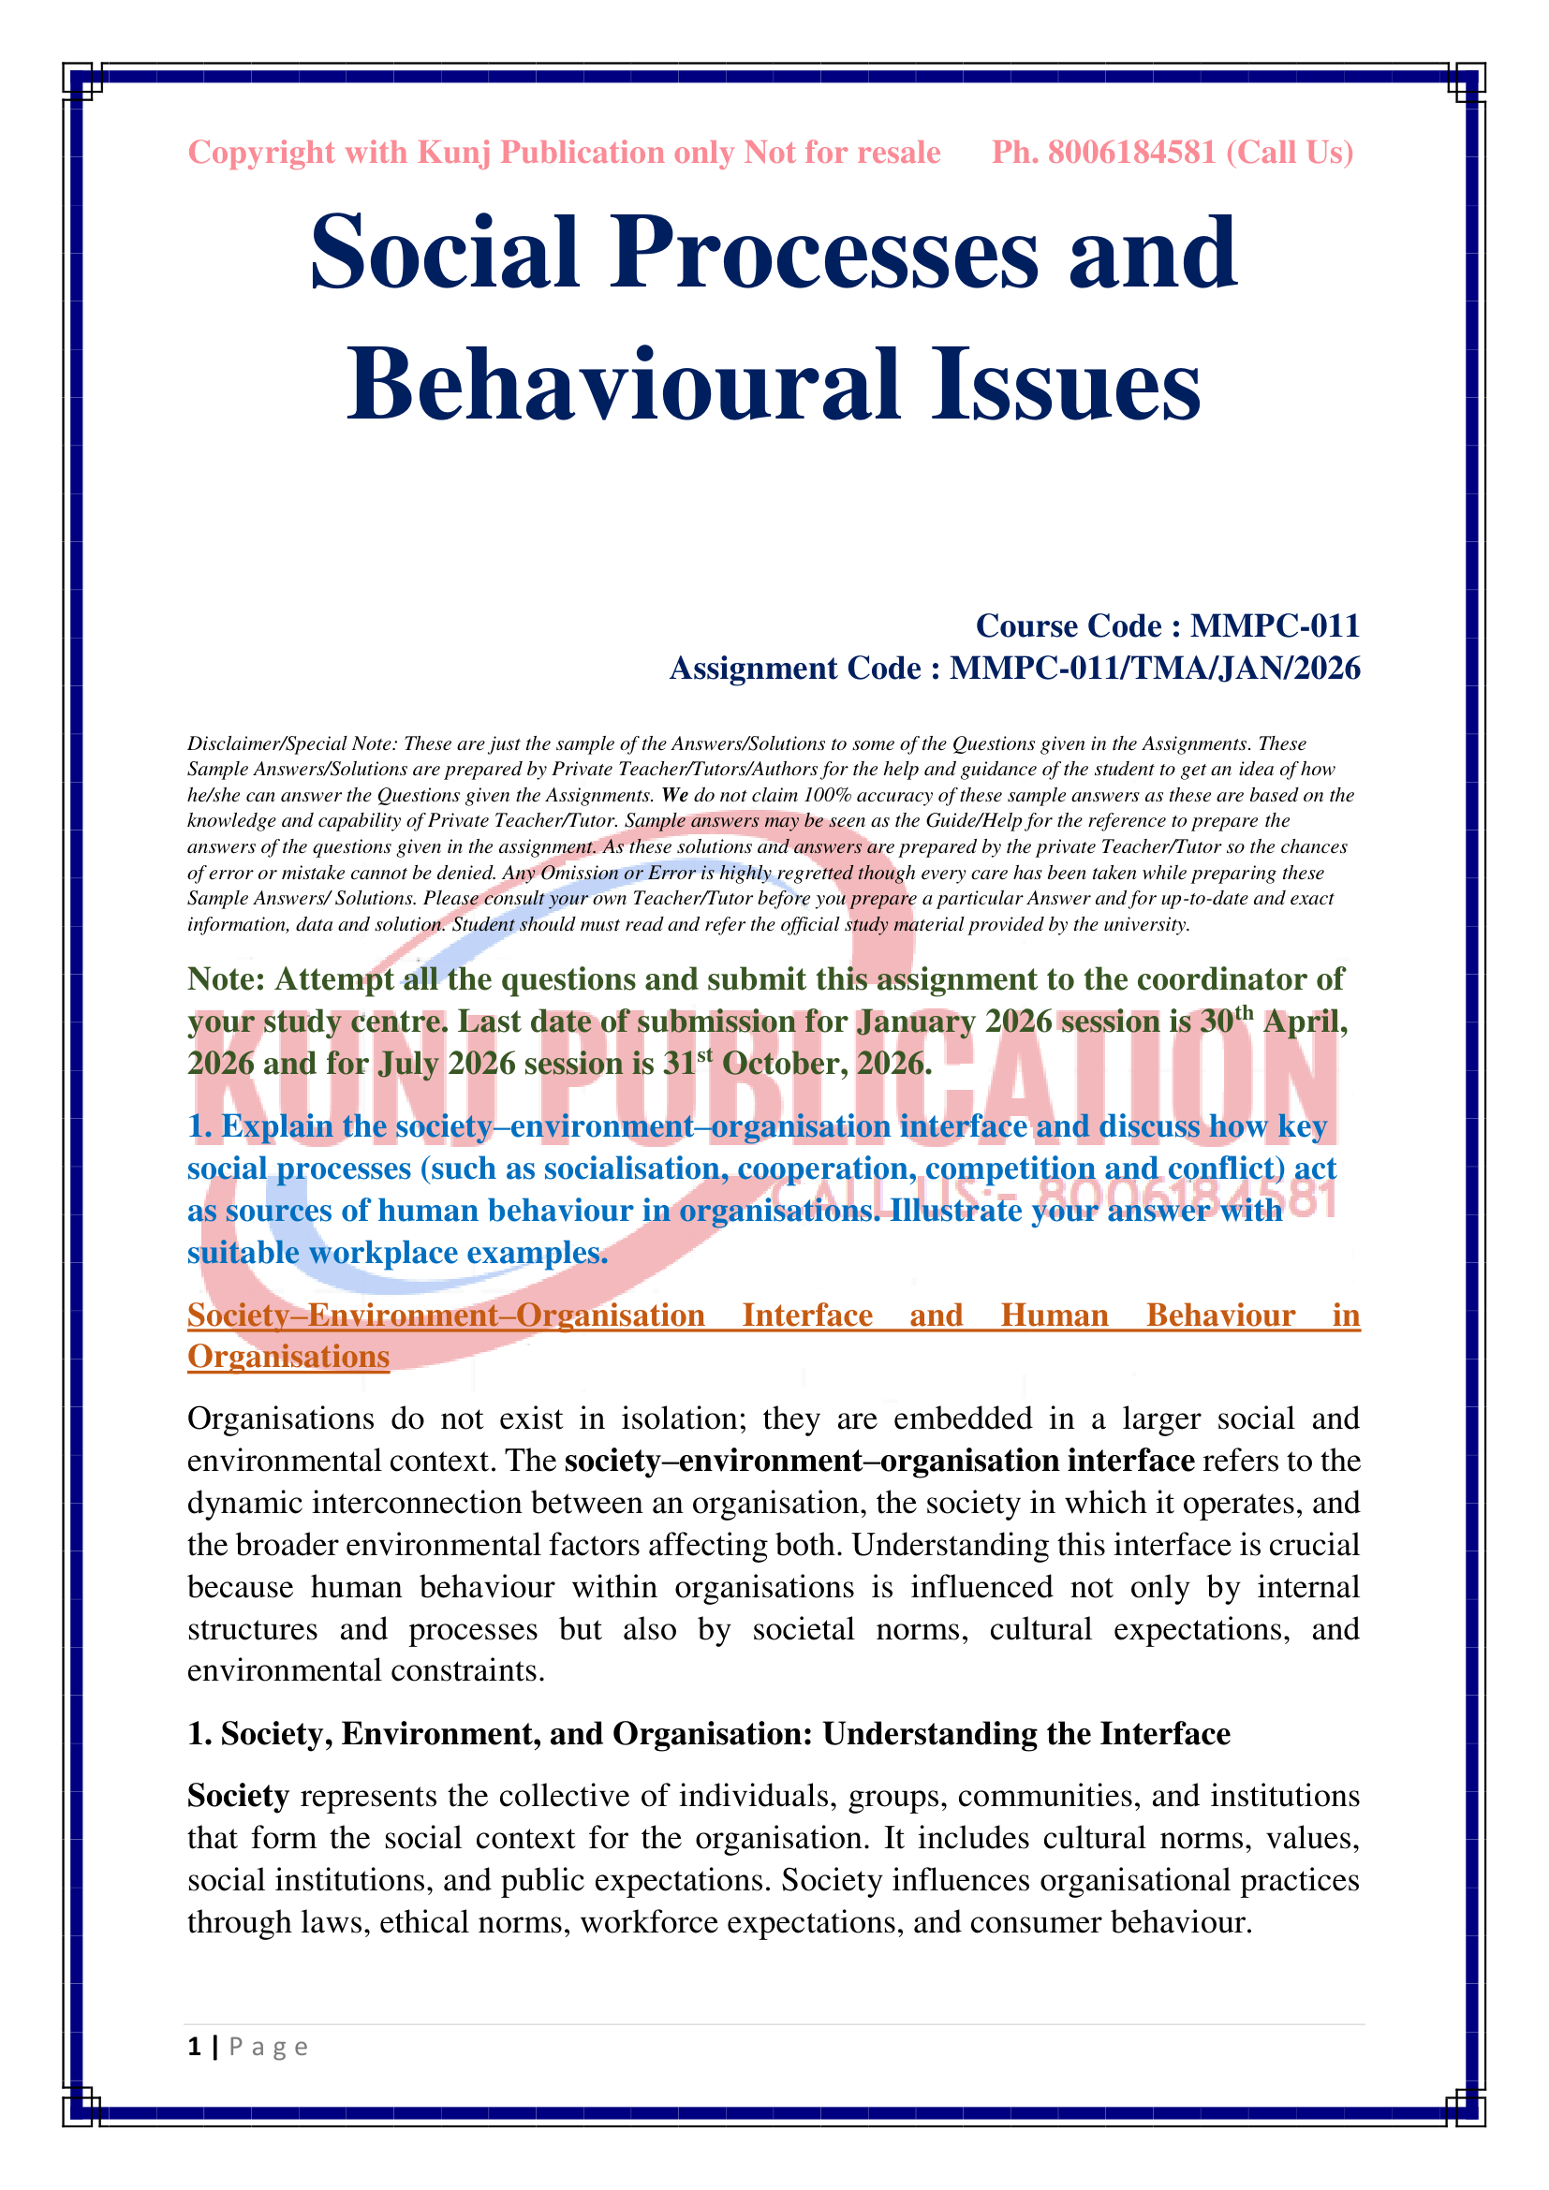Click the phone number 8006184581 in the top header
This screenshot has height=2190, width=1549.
coord(1131,153)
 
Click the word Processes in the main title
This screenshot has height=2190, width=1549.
coord(825,253)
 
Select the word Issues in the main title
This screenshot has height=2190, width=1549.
coord(1066,386)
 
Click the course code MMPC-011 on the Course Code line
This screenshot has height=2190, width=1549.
coord(1275,625)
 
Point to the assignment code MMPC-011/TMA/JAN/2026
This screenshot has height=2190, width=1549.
coord(1154,669)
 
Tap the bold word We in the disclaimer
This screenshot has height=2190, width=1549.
coord(674,796)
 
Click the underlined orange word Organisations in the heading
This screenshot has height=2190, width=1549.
coord(288,1357)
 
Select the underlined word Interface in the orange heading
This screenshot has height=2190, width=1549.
coord(807,1315)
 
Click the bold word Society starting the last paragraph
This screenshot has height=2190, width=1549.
coord(238,1796)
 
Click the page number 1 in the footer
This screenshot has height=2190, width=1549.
coord(195,2047)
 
